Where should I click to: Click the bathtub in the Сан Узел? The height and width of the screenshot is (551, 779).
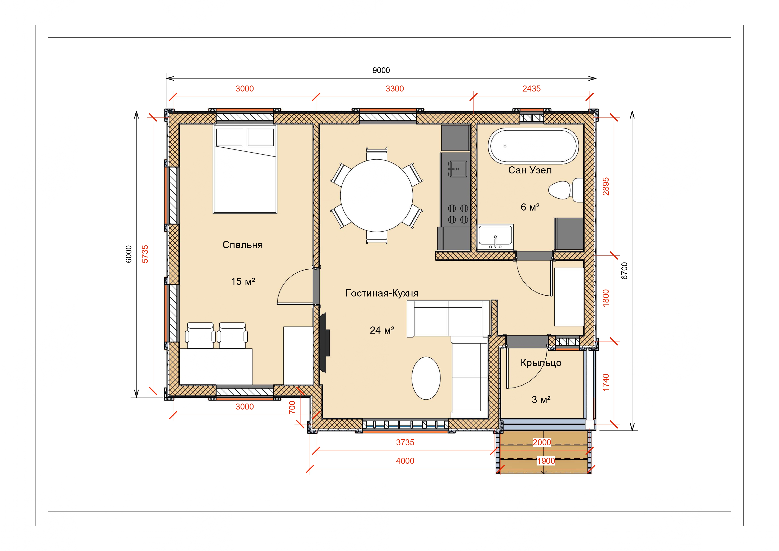533,146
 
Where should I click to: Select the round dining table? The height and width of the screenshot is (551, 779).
377,196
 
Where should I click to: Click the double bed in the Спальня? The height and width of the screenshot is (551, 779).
245,169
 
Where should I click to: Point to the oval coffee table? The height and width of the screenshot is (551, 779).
426,378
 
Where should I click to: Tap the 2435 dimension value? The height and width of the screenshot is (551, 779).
531,89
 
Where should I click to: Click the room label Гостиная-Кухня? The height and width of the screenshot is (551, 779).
382,293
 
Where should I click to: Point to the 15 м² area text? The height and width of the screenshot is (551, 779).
243,281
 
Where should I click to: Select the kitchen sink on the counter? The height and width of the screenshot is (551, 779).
457,169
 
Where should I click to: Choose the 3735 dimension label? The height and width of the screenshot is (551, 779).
405,442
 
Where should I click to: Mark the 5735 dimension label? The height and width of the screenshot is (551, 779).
145,254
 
